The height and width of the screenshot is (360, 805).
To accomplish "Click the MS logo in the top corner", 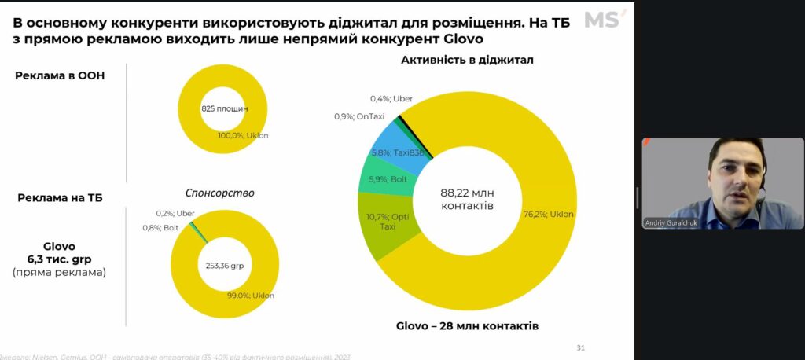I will (x=605, y=20).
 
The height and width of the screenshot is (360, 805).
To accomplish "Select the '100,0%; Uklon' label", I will (x=243, y=135).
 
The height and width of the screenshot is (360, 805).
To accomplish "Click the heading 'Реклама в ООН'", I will (x=60, y=75).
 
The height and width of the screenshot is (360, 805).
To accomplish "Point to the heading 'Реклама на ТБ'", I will (x=60, y=197).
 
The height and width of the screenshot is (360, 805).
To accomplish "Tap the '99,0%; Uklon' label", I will (x=251, y=295).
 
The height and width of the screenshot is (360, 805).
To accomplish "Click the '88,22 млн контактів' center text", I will (x=466, y=199).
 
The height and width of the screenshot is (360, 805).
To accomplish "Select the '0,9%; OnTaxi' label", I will (x=360, y=116).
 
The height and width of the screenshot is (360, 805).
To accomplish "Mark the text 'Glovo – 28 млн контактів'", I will (x=466, y=325).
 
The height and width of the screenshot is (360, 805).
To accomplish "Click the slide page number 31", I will (x=581, y=347).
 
